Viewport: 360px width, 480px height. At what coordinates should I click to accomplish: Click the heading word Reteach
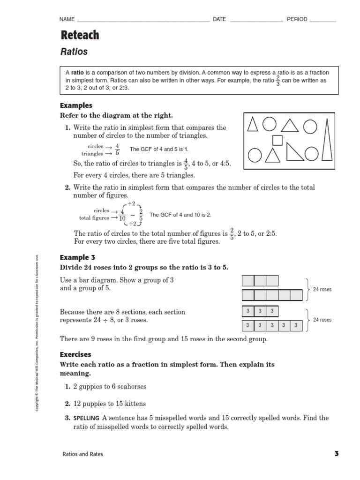(x=80, y=35)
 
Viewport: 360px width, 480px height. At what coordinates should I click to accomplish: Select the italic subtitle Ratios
(x=74, y=52)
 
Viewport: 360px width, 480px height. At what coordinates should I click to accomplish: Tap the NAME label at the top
(x=67, y=19)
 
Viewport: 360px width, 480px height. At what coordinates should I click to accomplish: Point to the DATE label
(x=219, y=19)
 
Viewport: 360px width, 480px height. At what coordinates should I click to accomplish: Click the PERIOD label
(x=297, y=19)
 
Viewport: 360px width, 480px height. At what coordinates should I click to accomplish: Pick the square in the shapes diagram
(x=277, y=140)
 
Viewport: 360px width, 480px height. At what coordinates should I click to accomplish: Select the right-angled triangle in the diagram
(x=292, y=153)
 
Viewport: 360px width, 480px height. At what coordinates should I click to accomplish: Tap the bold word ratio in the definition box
(x=77, y=73)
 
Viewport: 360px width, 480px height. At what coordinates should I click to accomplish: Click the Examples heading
(x=76, y=105)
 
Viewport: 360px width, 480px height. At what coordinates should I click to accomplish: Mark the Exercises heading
(x=76, y=354)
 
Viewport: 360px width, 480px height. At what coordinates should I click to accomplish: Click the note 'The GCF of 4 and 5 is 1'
(x=158, y=149)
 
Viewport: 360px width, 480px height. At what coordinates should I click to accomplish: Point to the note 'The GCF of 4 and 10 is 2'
(x=180, y=215)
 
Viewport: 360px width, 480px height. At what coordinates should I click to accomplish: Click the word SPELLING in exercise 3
(x=86, y=418)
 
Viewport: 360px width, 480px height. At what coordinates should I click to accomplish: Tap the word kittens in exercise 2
(x=134, y=404)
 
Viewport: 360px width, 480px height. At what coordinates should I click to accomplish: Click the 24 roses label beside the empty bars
(x=322, y=289)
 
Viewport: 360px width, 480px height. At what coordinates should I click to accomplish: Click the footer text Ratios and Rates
(x=83, y=454)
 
